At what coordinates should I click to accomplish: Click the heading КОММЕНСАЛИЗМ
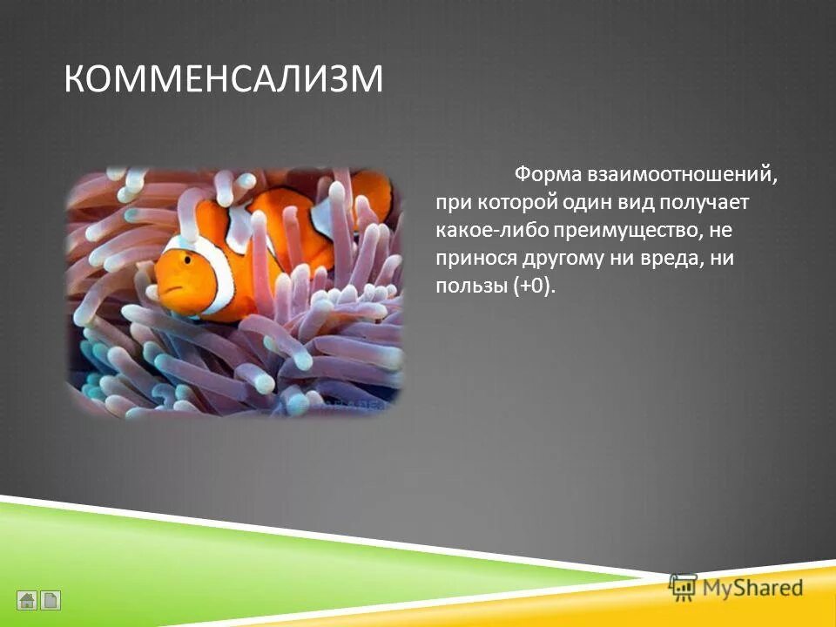tap(223, 79)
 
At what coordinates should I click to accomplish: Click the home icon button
tap(27, 600)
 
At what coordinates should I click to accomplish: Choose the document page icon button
tap(51, 600)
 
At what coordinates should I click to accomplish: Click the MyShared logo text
tap(753, 589)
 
